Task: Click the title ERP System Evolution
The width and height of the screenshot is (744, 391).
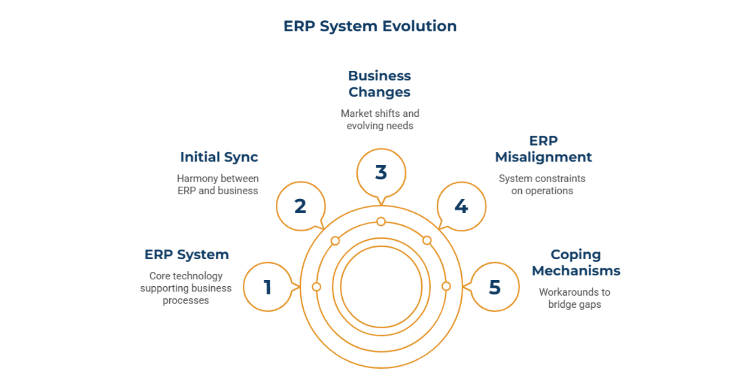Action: (x=370, y=26)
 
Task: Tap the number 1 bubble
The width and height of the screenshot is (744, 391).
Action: (x=267, y=287)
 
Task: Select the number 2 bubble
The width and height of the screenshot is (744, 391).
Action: (x=300, y=206)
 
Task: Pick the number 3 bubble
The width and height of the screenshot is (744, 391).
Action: (x=381, y=173)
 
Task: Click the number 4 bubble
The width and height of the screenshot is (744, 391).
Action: (x=461, y=206)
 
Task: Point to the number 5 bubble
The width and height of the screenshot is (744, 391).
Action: (x=495, y=287)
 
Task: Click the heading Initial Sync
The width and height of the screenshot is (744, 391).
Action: (x=219, y=157)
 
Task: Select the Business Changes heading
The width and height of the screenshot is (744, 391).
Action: (x=379, y=84)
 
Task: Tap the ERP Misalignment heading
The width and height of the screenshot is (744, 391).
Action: (x=543, y=149)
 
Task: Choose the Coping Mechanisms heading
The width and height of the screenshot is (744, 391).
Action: (x=576, y=263)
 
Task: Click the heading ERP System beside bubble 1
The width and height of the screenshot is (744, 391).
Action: (x=186, y=255)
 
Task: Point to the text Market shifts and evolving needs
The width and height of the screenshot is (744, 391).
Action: (x=380, y=120)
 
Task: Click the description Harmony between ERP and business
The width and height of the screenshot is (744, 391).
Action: (x=218, y=185)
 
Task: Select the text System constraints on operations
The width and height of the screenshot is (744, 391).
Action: (x=542, y=185)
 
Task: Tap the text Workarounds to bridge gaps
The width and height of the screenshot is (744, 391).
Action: (x=575, y=298)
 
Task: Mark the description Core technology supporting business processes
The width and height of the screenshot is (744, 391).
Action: (x=186, y=288)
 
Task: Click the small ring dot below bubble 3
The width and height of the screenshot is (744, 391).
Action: (x=381, y=222)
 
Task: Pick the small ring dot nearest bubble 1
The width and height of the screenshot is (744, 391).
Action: (x=317, y=287)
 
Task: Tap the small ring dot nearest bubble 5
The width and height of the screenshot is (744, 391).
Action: (x=446, y=286)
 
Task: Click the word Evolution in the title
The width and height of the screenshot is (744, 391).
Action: (x=419, y=26)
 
